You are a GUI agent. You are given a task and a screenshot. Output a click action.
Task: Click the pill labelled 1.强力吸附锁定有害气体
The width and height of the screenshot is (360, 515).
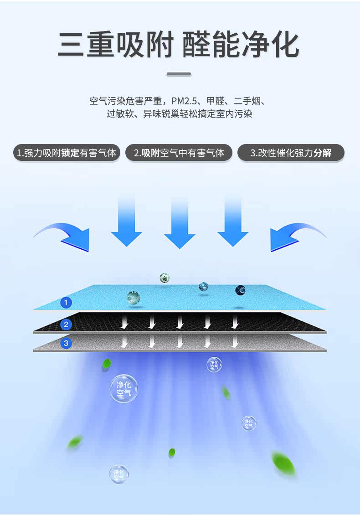(67, 153)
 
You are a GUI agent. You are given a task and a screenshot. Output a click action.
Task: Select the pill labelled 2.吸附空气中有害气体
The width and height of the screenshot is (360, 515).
(179, 153)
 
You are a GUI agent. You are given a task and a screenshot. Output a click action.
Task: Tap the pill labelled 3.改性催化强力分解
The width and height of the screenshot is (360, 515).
(291, 153)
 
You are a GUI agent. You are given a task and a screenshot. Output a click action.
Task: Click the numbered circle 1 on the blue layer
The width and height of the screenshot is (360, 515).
(66, 303)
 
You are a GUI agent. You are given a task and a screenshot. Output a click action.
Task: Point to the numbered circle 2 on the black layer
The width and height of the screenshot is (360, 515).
(66, 324)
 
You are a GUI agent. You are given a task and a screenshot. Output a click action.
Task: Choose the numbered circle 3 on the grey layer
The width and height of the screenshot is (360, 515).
(66, 343)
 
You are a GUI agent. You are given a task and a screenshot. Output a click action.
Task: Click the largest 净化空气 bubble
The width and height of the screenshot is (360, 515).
(124, 389)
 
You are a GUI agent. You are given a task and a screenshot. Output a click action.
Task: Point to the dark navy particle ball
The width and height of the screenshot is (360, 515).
(241, 290)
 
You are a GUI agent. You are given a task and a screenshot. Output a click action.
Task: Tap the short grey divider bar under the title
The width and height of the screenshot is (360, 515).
(179, 74)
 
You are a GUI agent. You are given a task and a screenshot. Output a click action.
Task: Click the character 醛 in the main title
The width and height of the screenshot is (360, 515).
(196, 45)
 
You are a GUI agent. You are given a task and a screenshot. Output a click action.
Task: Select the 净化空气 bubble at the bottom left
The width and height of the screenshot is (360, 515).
(119, 474)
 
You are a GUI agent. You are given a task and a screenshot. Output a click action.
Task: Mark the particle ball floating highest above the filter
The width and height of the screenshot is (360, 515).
(165, 278)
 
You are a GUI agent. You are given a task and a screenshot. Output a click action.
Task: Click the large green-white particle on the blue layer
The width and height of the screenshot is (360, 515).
(134, 298)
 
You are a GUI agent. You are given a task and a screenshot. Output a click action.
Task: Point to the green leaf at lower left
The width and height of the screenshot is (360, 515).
(75, 442)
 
